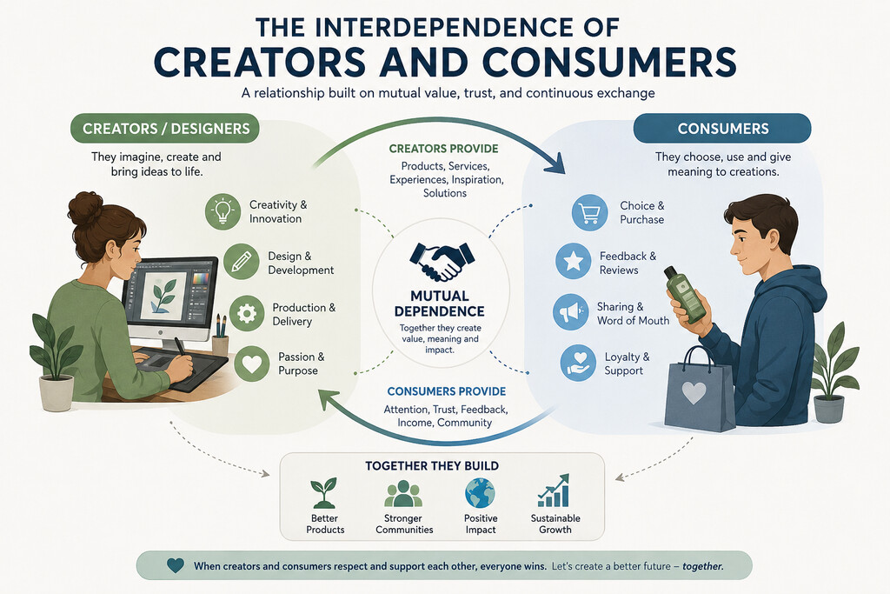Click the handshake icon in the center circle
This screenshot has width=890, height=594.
(442, 262)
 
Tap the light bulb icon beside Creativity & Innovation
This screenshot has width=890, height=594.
(222, 211)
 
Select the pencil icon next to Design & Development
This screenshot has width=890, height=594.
(242, 262)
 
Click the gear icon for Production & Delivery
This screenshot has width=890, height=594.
(247, 313)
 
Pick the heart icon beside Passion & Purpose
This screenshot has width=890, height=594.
(252, 364)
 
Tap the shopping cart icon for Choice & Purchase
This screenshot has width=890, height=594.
(590, 212)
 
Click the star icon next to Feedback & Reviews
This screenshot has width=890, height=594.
(574, 261)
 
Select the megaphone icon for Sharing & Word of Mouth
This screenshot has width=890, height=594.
(570, 311)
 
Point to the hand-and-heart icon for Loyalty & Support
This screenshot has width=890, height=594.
(578, 363)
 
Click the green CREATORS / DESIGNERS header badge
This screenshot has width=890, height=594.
(165, 129)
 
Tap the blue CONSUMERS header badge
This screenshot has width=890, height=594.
(722, 129)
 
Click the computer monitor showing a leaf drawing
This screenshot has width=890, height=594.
(169, 298)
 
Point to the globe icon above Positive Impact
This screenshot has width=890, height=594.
(480, 492)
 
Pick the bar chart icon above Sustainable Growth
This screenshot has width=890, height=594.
(554, 491)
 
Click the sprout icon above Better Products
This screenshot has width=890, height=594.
(324, 492)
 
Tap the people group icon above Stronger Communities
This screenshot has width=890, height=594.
(403, 493)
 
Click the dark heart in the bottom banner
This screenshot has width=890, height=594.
(176, 565)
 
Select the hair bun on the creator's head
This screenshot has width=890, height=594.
(85, 208)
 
